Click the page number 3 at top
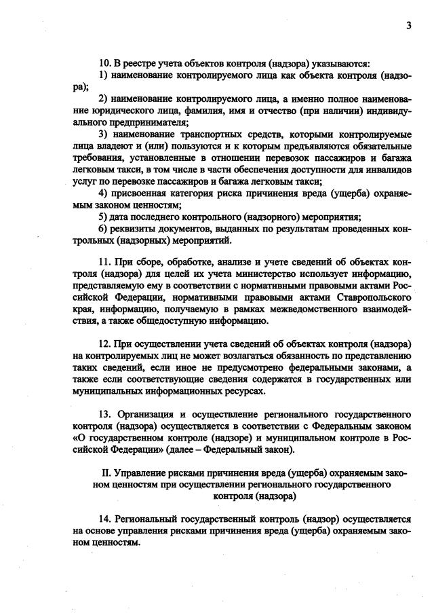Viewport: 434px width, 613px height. tap(408, 26)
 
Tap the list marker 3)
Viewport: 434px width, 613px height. tap(104, 134)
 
